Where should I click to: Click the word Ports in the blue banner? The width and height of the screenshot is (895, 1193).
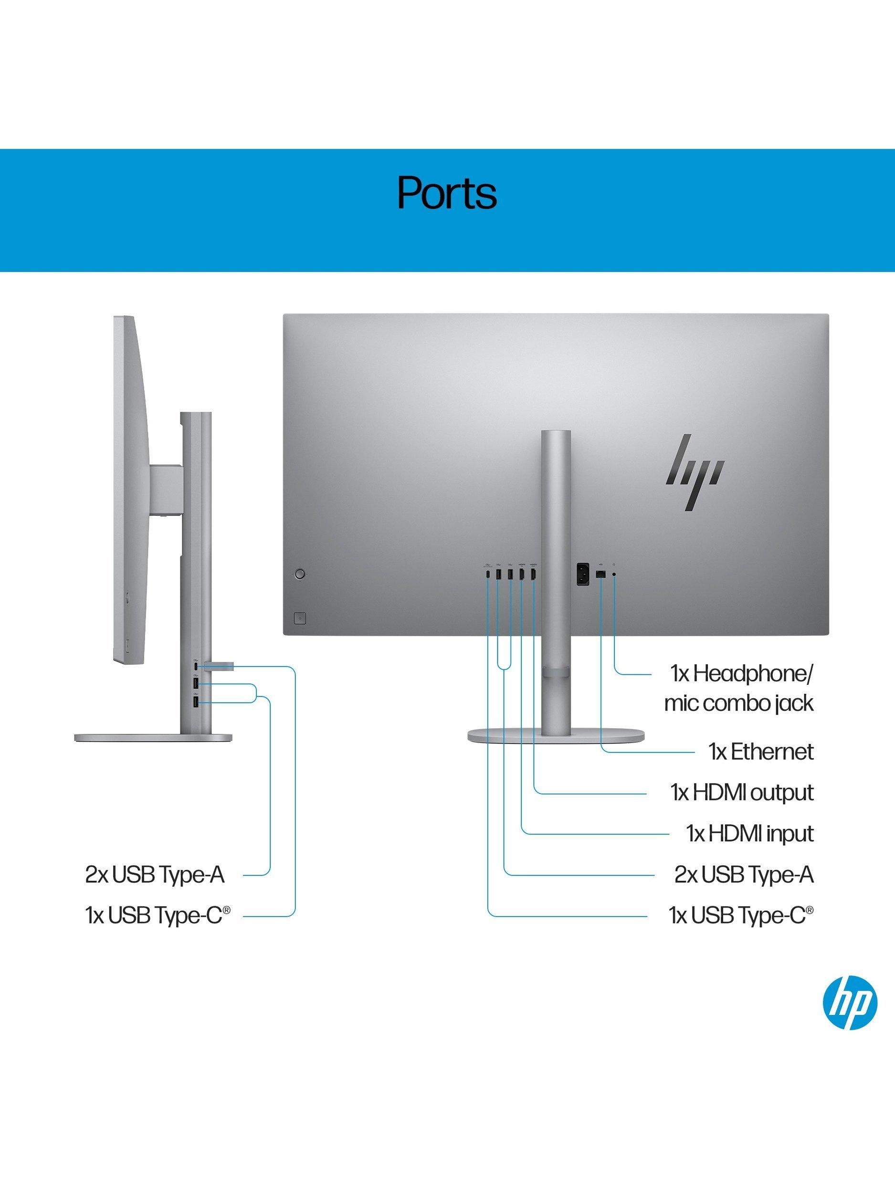click(x=447, y=192)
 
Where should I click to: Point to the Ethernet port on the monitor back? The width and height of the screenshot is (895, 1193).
click(x=601, y=575)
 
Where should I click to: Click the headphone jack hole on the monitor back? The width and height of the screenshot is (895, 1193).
click(x=615, y=575)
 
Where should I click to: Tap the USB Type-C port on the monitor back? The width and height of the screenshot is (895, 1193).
click(x=488, y=575)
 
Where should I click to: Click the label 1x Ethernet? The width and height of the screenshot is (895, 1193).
click(x=761, y=751)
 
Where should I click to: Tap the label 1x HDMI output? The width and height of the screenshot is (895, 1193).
click(x=742, y=793)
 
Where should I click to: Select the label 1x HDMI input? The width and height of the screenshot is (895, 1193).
click(x=750, y=834)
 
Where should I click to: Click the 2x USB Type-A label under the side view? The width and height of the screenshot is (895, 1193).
click(x=154, y=875)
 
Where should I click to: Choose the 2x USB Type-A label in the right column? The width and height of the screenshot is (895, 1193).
click(x=744, y=875)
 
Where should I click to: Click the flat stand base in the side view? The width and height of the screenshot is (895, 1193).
click(x=154, y=738)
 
